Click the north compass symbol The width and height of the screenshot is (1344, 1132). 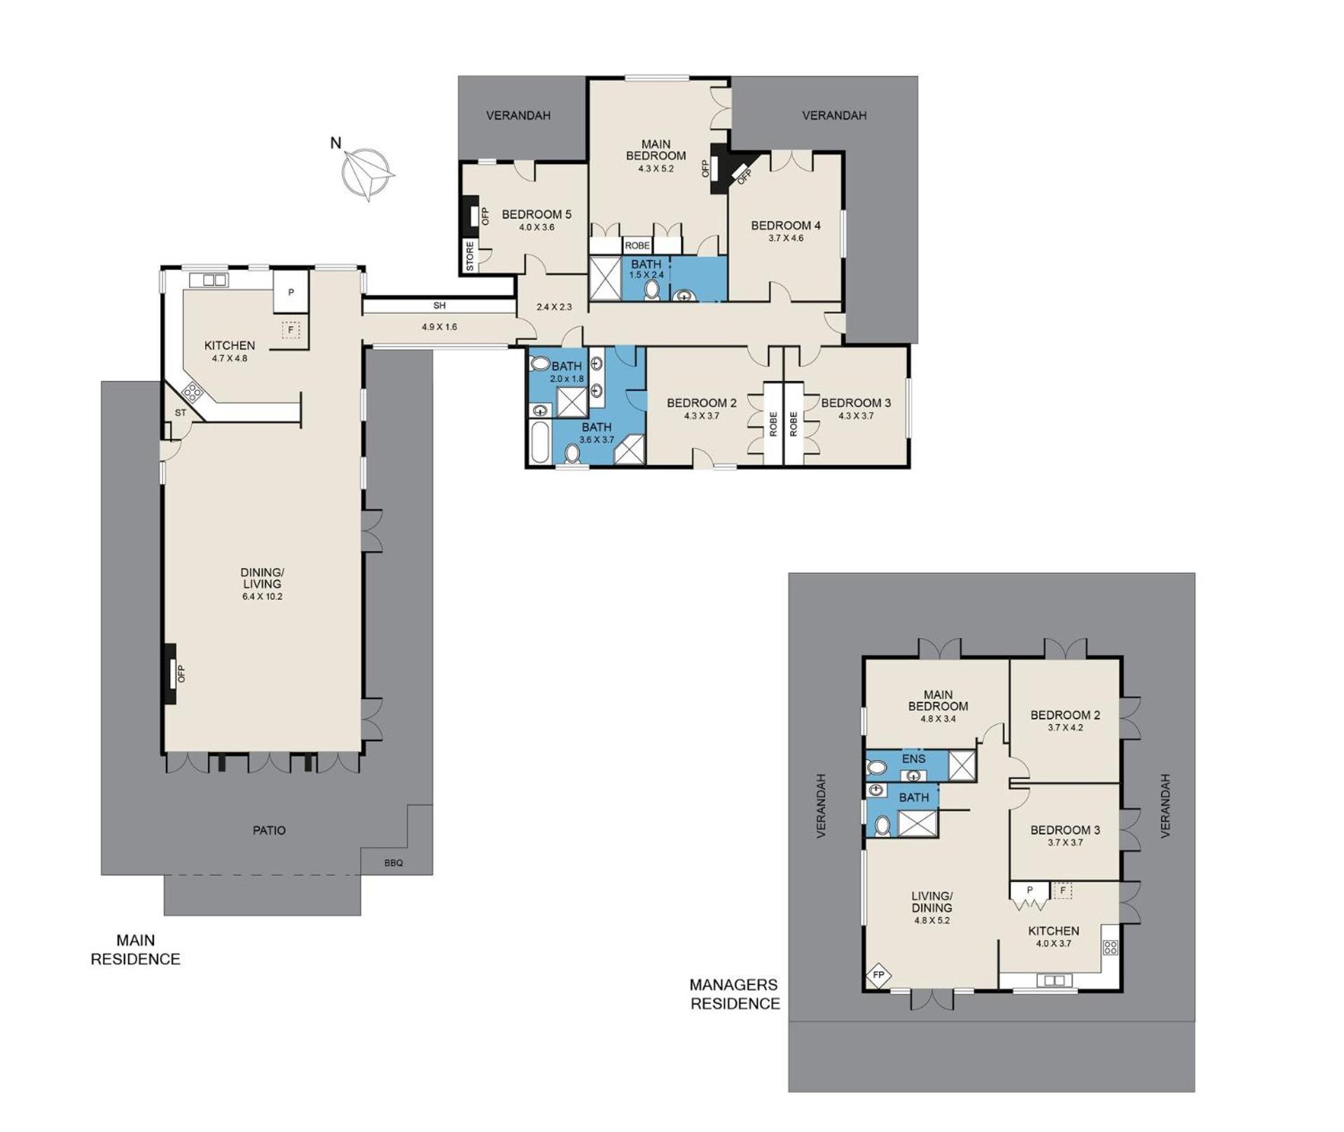[367, 173]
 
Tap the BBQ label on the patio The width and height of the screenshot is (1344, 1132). [394, 862]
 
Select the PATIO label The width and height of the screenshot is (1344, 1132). [269, 830]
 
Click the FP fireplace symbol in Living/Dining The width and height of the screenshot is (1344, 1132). [878, 974]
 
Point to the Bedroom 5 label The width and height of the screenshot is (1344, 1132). [536, 214]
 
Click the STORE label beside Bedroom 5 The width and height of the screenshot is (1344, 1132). [470, 256]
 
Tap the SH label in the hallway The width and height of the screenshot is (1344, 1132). [439, 305]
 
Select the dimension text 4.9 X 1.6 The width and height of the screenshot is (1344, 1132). [439, 326]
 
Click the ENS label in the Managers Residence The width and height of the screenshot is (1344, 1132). [913, 759]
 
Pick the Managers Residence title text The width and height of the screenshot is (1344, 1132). [735, 994]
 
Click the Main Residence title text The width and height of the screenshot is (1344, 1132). [135, 950]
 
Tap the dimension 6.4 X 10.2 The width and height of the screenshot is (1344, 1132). [262, 597]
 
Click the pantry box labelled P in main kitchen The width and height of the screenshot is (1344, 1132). [291, 292]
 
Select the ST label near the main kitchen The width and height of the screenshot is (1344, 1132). [181, 413]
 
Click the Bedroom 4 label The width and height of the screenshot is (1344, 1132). [786, 226]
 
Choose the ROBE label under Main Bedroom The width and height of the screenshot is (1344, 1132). [637, 246]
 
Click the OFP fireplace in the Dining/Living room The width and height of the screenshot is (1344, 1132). [170, 674]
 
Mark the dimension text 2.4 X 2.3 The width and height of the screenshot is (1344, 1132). [554, 307]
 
